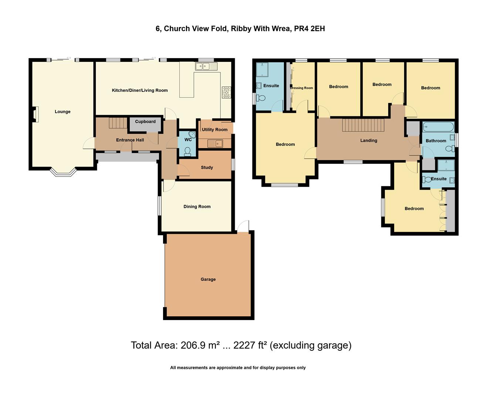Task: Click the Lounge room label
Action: pyautogui.click(x=62, y=111)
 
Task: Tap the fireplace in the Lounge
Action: pyautogui.click(x=36, y=114)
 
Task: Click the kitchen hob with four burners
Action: pyautogui.click(x=226, y=92)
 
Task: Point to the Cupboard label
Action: pyautogui.click(x=145, y=121)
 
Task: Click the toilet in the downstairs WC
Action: pyautogui.click(x=187, y=151)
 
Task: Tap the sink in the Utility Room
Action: pyautogui.click(x=215, y=143)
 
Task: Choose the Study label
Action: pyautogui.click(x=207, y=167)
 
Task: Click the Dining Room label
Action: pyautogui.click(x=197, y=206)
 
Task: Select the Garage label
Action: pyautogui.click(x=208, y=279)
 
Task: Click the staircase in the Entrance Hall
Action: pyautogui.click(x=118, y=123)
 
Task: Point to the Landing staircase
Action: pyautogui.click(x=363, y=125)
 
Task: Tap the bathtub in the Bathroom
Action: pyautogui.click(x=438, y=127)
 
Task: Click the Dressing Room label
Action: pyautogui.click(x=302, y=88)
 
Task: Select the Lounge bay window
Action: pyautogui.click(x=63, y=172)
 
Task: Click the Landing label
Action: pyautogui.click(x=369, y=140)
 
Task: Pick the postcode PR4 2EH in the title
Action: pyautogui.click(x=310, y=29)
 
